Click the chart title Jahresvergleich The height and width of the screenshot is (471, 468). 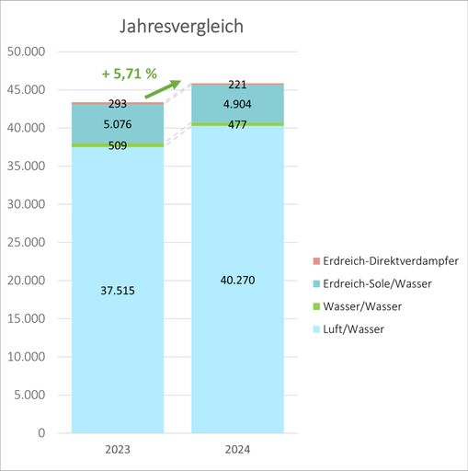click(182, 26)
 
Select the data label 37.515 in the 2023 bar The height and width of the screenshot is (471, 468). click(118, 291)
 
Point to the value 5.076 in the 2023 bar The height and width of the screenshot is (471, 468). click(118, 124)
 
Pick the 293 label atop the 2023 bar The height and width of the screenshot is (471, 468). click(118, 104)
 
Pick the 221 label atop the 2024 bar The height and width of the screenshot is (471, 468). click(236, 85)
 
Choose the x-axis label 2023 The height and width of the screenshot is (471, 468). click(118, 450)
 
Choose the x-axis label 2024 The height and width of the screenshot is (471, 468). click(236, 450)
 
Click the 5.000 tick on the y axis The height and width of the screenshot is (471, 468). click(30, 395)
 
